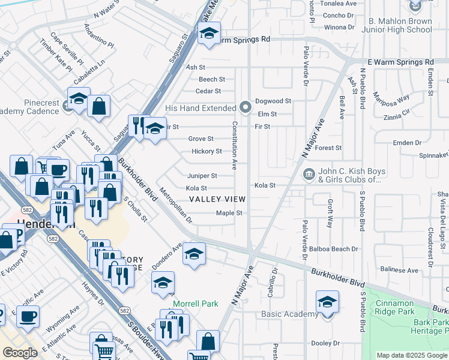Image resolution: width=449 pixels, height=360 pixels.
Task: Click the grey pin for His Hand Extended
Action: [x=245, y=107]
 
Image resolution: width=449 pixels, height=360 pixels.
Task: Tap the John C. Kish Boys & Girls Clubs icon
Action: [x=309, y=174]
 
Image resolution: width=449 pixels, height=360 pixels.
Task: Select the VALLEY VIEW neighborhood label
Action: [x=217, y=199]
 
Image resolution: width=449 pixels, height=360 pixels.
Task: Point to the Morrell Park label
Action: [x=196, y=304]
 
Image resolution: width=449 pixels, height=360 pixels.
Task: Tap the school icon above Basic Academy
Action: [x=327, y=302]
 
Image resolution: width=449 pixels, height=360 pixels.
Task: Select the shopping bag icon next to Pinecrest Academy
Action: [x=99, y=106]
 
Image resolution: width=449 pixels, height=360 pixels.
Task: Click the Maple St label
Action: [x=229, y=213]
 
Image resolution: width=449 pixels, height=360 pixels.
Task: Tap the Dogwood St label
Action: [x=273, y=101]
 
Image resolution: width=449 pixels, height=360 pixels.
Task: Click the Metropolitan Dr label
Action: [x=176, y=206]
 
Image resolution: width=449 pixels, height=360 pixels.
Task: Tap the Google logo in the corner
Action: [x=20, y=353]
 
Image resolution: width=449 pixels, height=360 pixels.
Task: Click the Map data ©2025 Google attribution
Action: [x=411, y=355]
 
